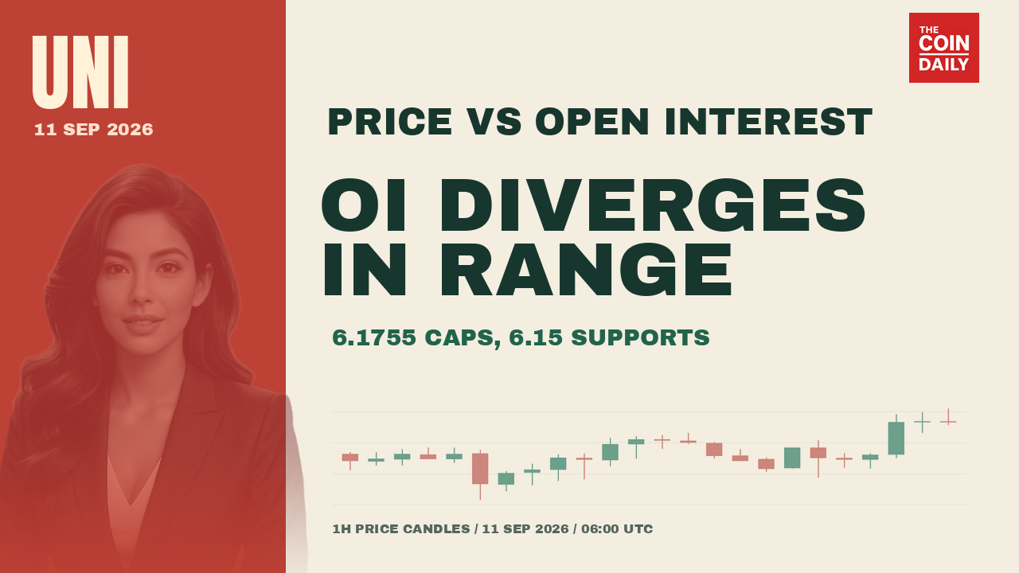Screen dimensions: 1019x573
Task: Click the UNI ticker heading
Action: pyautogui.click(x=80, y=72)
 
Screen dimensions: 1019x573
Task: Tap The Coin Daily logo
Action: pyautogui.click(x=944, y=48)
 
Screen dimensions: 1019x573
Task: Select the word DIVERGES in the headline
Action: pyautogui.click(x=652, y=205)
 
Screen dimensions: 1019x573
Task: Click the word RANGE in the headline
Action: pyautogui.click(x=586, y=269)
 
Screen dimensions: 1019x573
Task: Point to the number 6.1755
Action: pyautogui.click(x=374, y=337)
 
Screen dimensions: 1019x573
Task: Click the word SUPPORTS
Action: pyautogui.click(x=640, y=337)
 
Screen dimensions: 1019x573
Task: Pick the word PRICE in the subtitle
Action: pyautogui.click(x=390, y=122)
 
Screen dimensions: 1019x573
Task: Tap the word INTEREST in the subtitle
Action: pyautogui.click(x=768, y=122)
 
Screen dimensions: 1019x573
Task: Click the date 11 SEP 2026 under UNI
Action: pyautogui.click(x=94, y=130)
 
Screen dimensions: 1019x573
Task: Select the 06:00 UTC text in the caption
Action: pyautogui.click(x=617, y=529)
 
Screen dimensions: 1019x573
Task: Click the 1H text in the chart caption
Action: pyautogui.click(x=342, y=529)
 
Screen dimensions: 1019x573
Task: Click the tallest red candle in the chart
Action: pyautogui.click(x=480, y=475)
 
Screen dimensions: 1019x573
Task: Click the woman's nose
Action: pyautogui.click(x=141, y=294)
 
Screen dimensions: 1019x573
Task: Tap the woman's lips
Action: pyautogui.click(x=143, y=322)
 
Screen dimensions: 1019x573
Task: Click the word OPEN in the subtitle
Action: pyautogui.click(x=592, y=122)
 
